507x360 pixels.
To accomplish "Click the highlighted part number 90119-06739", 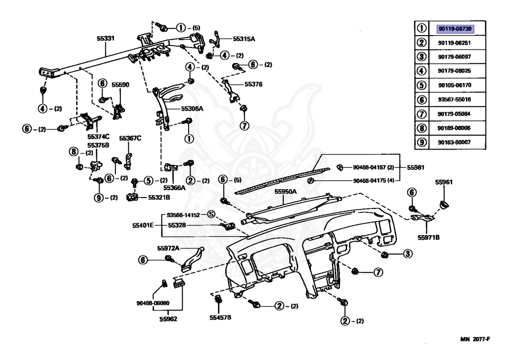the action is (x=455, y=29).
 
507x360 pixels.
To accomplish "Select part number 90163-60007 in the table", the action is (x=454, y=142).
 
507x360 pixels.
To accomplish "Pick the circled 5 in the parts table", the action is (x=422, y=85).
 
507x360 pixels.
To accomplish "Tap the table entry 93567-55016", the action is (x=454, y=100).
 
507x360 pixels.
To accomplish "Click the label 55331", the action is (x=106, y=38).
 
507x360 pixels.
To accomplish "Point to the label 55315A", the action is (x=244, y=39).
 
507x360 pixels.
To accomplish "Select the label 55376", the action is (x=253, y=84).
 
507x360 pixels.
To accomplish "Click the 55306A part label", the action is (x=192, y=108).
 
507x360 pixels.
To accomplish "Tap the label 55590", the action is (x=120, y=85).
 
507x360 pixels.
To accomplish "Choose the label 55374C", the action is (x=99, y=137).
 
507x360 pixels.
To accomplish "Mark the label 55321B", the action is (x=159, y=197).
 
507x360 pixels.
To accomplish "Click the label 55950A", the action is (x=286, y=192).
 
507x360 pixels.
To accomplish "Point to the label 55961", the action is (x=444, y=182).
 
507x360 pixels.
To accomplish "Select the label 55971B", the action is (x=428, y=237).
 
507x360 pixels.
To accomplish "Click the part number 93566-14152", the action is (x=183, y=215).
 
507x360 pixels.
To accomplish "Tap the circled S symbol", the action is (x=211, y=214).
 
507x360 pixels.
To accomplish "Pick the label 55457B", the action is (x=220, y=317).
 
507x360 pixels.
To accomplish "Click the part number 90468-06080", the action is (x=153, y=303).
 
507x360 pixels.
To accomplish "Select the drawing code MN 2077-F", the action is (x=475, y=339).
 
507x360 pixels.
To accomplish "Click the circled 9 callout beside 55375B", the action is (x=99, y=197).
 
